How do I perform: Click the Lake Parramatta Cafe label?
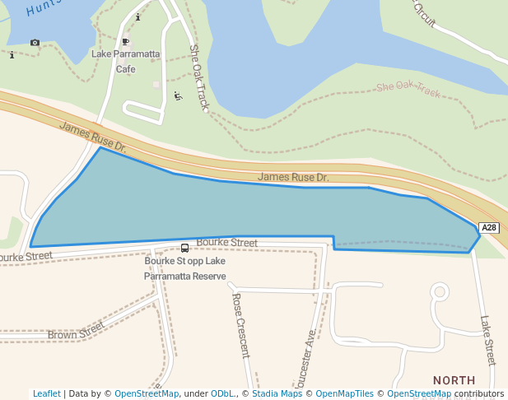(x=124, y=62)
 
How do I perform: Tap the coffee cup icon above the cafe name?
(x=125, y=41)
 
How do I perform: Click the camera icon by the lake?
(x=35, y=43)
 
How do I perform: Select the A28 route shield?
(x=489, y=228)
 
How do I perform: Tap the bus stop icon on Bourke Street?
(x=184, y=249)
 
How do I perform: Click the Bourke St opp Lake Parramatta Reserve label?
(x=184, y=269)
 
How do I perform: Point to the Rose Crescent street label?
(x=240, y=325)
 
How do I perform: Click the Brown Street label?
(x=76, y=330)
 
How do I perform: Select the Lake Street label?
(x=487, y=341)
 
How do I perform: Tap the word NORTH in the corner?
(x=454, y=380)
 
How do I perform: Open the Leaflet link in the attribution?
(x=46, y=394)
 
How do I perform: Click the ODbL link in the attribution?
(x=223, y=394)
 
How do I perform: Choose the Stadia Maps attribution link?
(x=277, y=394)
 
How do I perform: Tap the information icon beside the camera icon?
(x=12, y=56)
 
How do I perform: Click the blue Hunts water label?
(x=44, y=8)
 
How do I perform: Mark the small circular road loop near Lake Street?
(x=440, y=291)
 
